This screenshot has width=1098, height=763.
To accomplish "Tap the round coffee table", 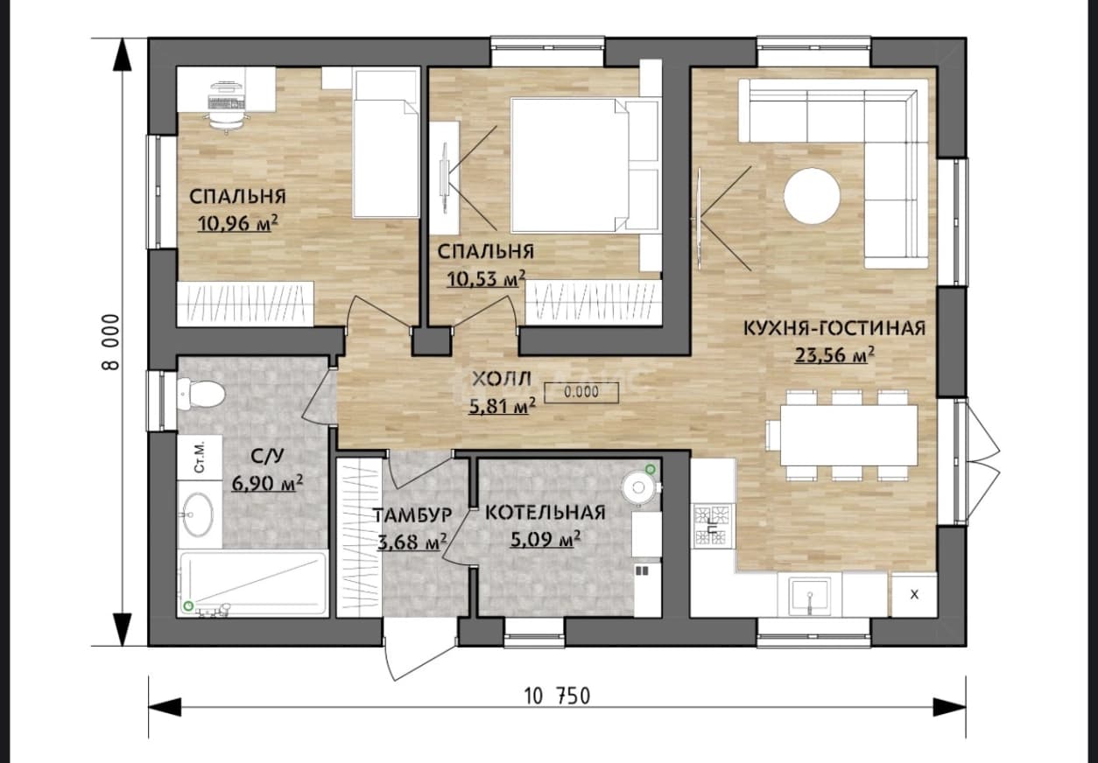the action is click(x=812, y=196).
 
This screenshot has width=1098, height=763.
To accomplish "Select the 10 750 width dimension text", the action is click(x=558, y=696).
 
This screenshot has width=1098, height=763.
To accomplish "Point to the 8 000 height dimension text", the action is click(x=111, y=342).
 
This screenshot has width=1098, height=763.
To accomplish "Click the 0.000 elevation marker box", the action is click(x=581, y=392).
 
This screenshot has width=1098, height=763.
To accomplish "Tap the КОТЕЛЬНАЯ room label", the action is click(x=545, y=513).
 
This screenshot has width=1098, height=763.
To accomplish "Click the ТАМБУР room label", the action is click(x=412, y=515).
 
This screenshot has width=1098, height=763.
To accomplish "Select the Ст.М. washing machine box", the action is click(x=200, y=458).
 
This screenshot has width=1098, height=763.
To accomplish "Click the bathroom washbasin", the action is click(x=198, y=514).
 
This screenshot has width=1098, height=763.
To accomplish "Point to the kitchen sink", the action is click(x=809, y=596).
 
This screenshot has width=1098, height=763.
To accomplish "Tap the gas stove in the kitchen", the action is click(x=712, y=526).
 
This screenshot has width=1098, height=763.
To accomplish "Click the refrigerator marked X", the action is click(x=914, y=594).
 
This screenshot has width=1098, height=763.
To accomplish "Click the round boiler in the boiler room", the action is click(x=638, y=487).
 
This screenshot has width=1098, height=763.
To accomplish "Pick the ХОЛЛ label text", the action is click(x=502, y=379).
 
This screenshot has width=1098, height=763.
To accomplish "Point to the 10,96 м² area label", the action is click(x=238, y=223).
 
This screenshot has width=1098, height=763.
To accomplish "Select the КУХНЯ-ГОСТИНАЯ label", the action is click(x=834, y=327).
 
